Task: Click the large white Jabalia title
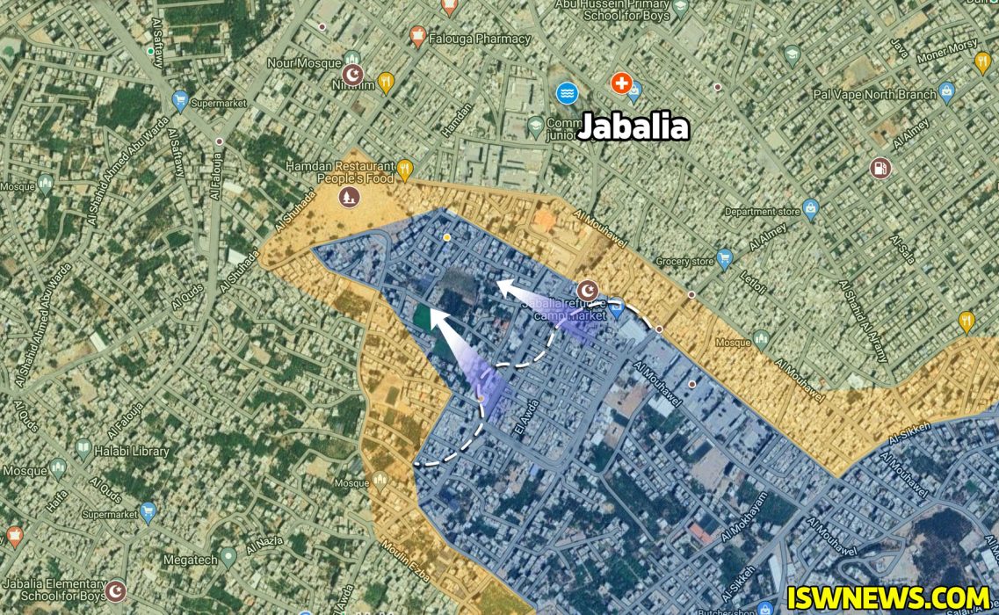click(633, 128)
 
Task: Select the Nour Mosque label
click(305, 63)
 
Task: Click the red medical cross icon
click(621, 83)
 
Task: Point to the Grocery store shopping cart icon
click(724, 259)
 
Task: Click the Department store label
click(762, 212)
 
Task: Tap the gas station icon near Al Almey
click(879, 167)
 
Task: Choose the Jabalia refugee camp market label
click(563, 309)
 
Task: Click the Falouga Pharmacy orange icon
click(418, 37)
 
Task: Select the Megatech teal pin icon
click(228, 555)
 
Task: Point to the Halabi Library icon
click(83, 450)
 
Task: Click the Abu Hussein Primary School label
click(612, 10)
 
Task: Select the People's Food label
click(356, 178)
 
